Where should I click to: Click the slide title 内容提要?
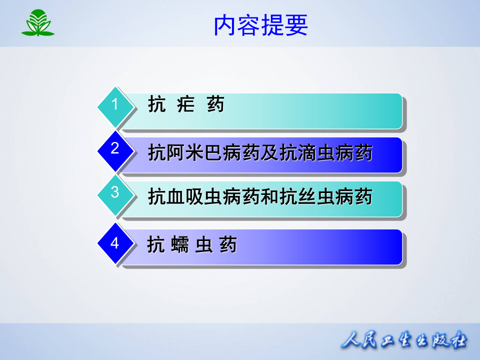[x=261, y=25]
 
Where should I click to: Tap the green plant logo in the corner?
[x=37, y=23]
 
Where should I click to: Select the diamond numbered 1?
[x=115, y=105]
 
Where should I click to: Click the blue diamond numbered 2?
[x=115, y=149]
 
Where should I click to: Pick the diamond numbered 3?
[x=115, y=193]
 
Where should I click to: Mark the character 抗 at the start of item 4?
[x=156, y=245]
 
